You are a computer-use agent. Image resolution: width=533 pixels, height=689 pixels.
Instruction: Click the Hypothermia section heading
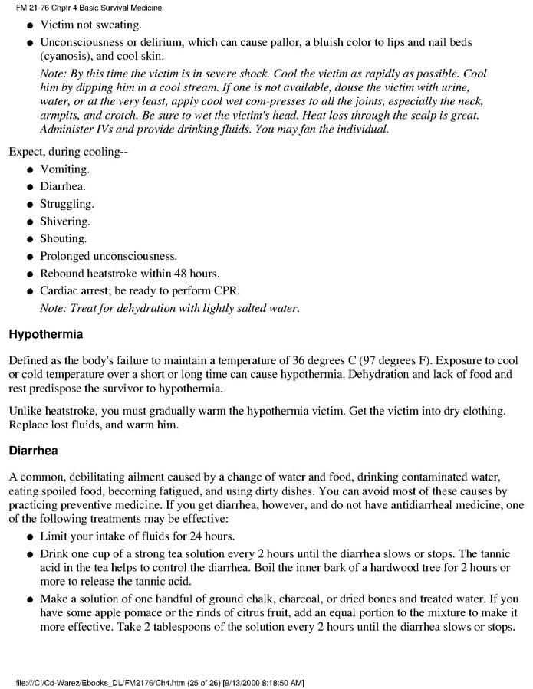[45, 335]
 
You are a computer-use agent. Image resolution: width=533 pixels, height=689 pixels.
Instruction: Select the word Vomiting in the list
[64, 169]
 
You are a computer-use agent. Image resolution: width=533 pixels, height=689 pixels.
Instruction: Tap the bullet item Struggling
[67, 204]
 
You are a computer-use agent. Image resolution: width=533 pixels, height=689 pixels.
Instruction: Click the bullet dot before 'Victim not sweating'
[29, 25]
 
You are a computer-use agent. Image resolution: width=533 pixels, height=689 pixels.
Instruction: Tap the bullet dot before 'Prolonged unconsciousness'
[29, 257]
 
